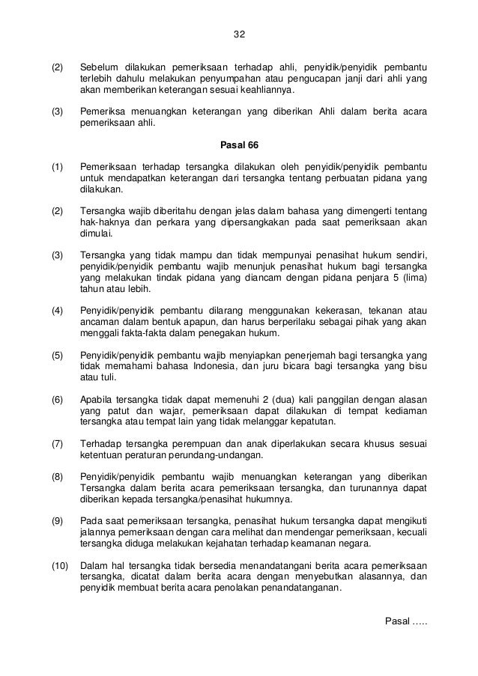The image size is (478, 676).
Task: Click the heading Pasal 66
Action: tap(238, 144)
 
